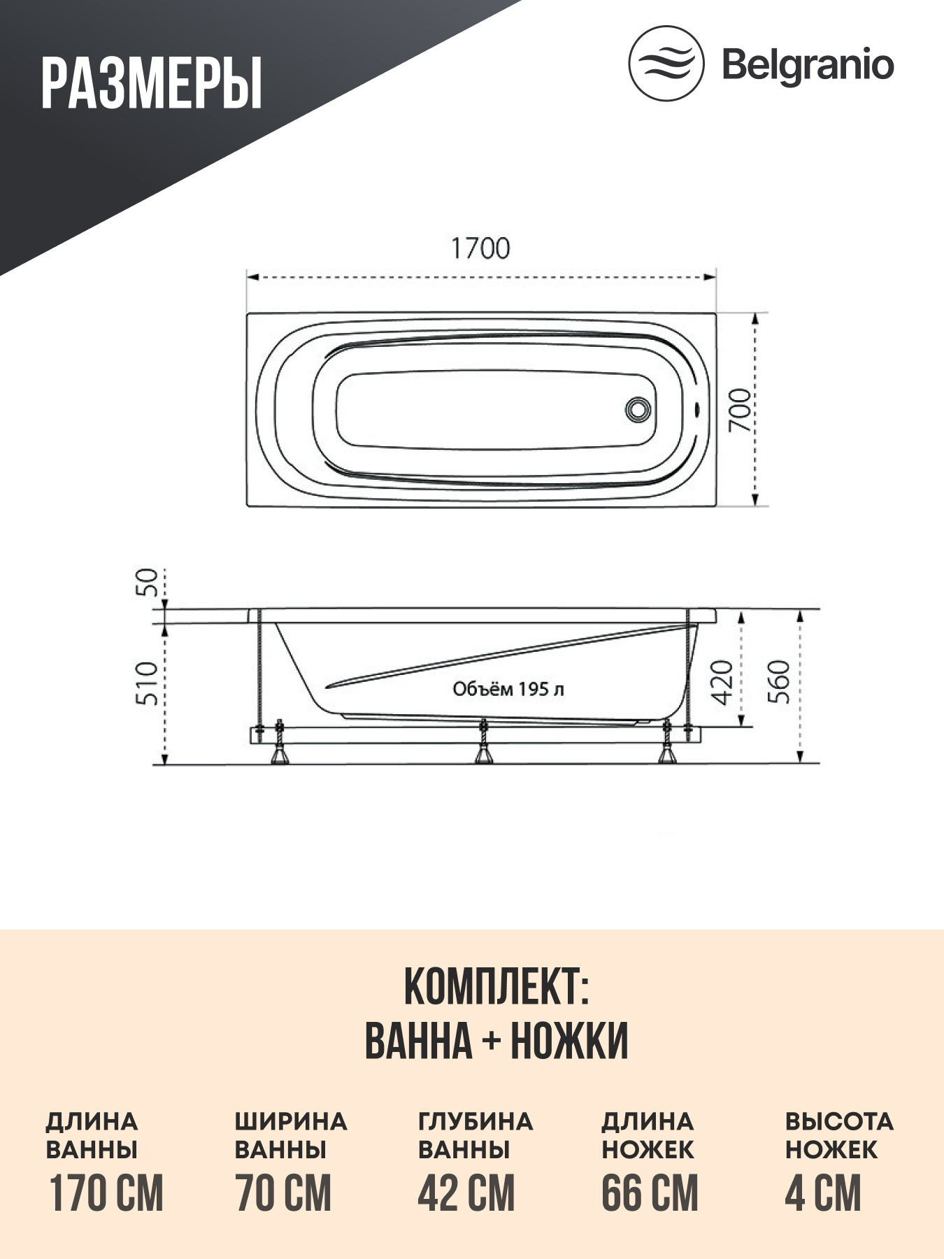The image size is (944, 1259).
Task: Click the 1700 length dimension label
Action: click(480, 248)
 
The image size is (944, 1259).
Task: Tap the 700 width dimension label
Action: click(741, 410)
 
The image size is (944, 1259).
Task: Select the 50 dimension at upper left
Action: click(148, 582)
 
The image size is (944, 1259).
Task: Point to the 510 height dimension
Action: click(148, 683)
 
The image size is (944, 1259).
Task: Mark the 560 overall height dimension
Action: click(779, 682)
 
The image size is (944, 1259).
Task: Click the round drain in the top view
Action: click(638, 408)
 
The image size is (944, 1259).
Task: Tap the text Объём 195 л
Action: click(508, 689)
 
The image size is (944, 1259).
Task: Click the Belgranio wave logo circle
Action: click(665, 64)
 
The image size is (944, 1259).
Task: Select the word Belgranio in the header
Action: click(808, 65)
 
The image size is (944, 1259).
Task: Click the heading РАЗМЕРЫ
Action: click(151, 84)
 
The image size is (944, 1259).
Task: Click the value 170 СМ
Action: click(106, 1193)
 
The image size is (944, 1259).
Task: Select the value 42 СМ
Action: click(466, 1193)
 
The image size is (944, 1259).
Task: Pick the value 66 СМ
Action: click(650, 1193)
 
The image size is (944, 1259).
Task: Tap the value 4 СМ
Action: click(823, 1193)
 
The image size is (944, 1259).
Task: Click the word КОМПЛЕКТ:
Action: click(496, 987)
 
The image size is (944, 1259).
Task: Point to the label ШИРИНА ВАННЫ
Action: click(290, 1135)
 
